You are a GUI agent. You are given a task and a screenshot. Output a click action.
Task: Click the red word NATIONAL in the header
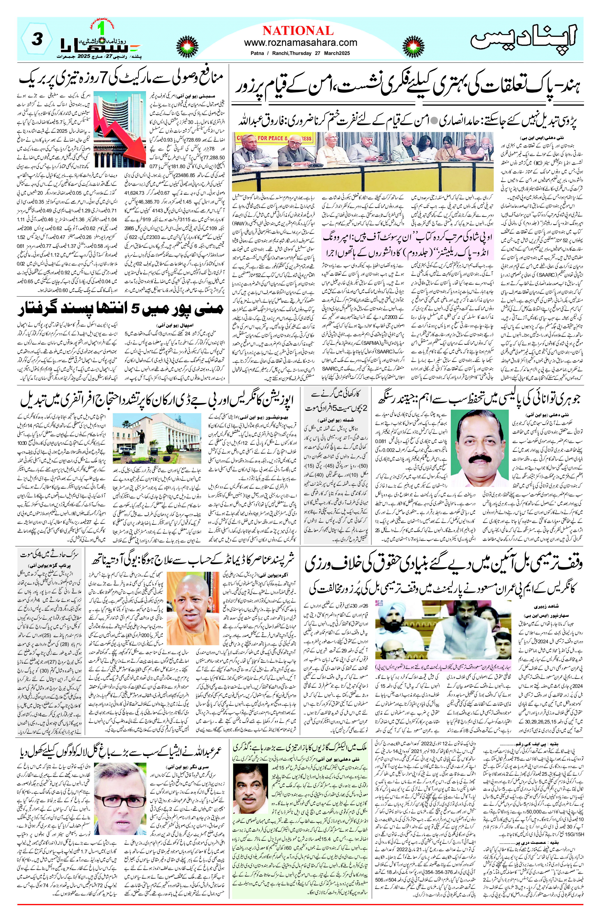(x=298, y=31)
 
